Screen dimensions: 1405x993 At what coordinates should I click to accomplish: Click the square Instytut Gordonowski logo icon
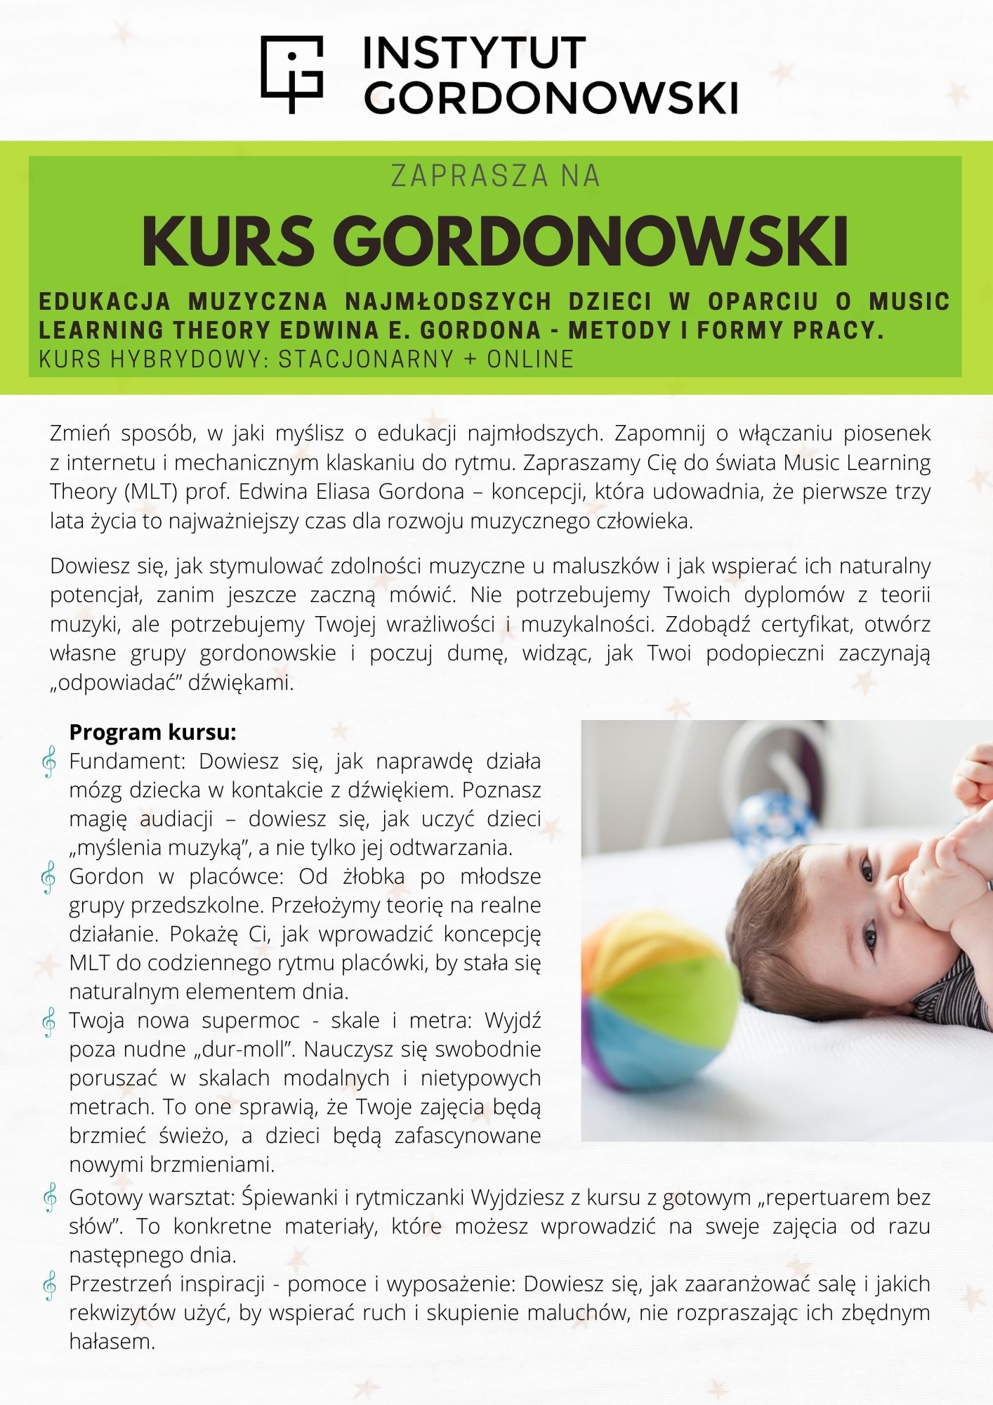click(x=292, y=73)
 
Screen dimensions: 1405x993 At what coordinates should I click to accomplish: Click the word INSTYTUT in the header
click(x=474, y=53)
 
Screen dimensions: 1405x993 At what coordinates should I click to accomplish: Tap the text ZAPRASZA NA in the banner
click(x=496, y=176)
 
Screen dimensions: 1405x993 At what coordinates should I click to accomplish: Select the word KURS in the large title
click(x=228, y=241)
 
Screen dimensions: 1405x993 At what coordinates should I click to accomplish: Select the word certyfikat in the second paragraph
click(x=808, y=624)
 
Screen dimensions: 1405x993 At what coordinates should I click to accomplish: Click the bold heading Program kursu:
click(x=152, y=732)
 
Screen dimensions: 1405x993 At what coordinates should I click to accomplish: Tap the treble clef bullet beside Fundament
click(x=49, y=762)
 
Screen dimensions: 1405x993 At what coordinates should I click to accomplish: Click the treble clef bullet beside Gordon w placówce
click(x=49, y=878)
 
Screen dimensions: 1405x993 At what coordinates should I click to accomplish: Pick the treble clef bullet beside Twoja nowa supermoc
click(x=49, y=1022)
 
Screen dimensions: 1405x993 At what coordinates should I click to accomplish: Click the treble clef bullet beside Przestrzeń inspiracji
click(x=49, y=1285)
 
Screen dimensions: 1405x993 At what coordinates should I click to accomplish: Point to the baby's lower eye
click(x=871, y=939)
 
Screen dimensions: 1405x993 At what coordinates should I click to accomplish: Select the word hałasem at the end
click(x=112, y=1342)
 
